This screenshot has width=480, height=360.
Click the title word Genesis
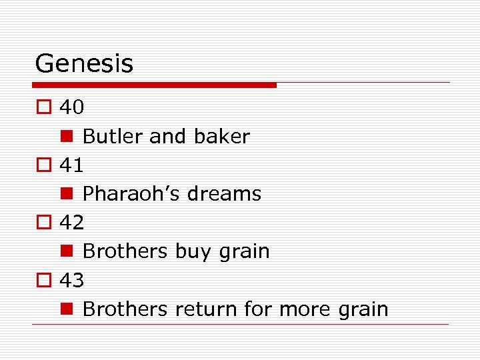[x=84, y=64]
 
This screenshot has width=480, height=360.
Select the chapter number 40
[x=72, y=107]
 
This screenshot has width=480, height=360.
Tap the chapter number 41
[x=72, y=165]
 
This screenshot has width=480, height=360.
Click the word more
[x=304, y=309]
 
